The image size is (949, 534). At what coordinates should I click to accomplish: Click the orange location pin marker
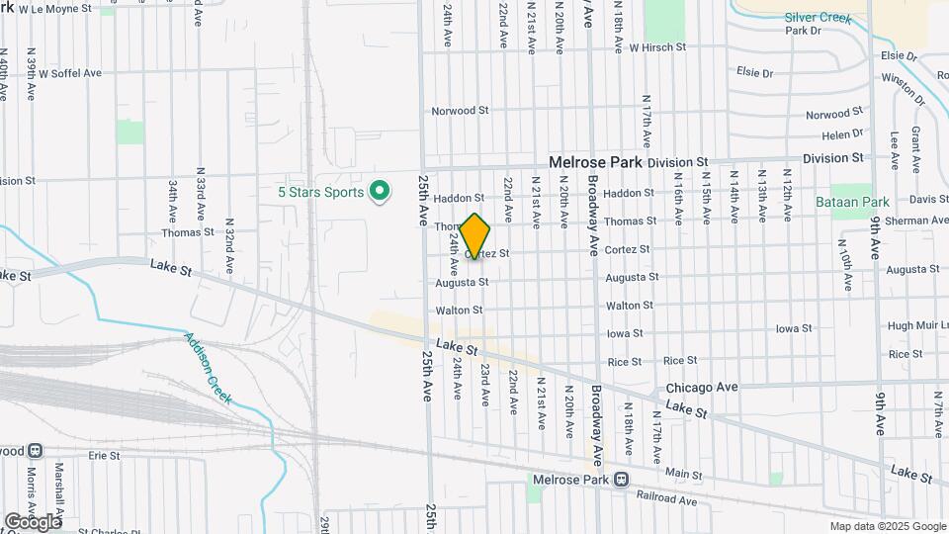coord(475,236)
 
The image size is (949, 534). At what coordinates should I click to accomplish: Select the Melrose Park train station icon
coord(620,480)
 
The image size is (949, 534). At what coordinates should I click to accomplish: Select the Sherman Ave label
coord(916,221)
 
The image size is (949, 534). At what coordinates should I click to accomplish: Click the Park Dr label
coord(804,31)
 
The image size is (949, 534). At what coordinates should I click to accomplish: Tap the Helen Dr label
coord(842,134)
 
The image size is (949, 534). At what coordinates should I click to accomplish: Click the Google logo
coord(32,521)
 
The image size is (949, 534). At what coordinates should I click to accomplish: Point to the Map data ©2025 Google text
coord(887,526)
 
